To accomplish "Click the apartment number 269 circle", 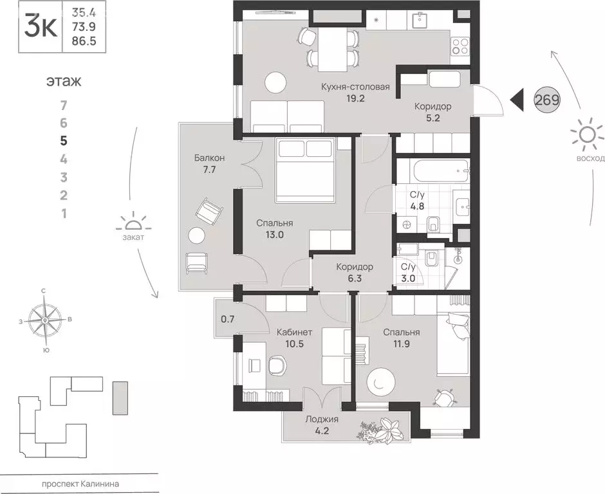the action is click(x=547, y=100).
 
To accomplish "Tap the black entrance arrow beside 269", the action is click(x=517, y=100).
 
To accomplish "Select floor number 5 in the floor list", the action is click(x=64, y=141).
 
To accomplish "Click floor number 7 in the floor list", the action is click(x=64, y=105).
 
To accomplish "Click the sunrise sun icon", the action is click(x=587, y=135).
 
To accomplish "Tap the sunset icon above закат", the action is click(x=133, y=222).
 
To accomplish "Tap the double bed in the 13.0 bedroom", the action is click(x=305, y=170).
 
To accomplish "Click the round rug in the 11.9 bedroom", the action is click(x=381, y=381).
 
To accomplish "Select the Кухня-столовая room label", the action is click(x=355, y=87).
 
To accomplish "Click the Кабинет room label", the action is click(x=294, y=333).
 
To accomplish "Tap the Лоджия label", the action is click(x=322, y=419).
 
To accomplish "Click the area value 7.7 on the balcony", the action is click(x=209, y=169).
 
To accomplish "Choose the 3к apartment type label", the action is click(x=41, y=26).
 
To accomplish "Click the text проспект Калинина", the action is click(x=80, y=484).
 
